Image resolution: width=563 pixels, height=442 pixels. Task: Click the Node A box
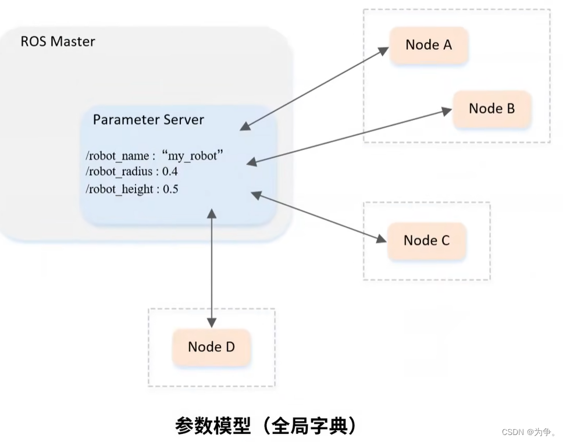pyautogui.click(x=429, y=45)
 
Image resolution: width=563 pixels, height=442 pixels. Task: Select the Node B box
pyautogui.click(x=491, y=109)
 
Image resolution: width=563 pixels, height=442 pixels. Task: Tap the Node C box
pyautogui.click(x=426, y=240)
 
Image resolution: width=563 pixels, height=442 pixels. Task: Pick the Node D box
pyautogui.click(x=211, y=347)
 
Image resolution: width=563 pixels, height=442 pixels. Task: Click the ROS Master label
pyautogui.click(x=58, y=42)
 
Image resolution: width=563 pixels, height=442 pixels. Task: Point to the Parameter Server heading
pyautogui.click(x=148, y=120)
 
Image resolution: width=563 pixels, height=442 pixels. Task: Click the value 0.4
pyautogui.click(x=170, y=172)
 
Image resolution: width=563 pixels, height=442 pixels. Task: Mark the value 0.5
pyautogui.click(x=170, y=189)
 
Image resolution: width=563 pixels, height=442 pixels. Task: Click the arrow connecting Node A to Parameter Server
pyautogui.click(x=315, y=87)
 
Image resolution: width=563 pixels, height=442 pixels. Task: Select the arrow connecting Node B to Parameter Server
pyautogui.click(x=350, y=137)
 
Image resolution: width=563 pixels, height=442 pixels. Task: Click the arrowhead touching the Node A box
pyautogui.click(x=384, y=49)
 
